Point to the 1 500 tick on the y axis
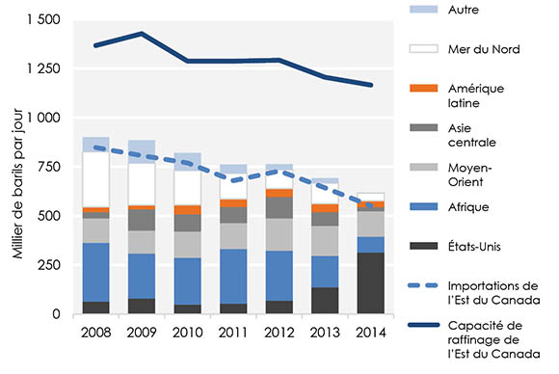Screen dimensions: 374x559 (43, 20)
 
